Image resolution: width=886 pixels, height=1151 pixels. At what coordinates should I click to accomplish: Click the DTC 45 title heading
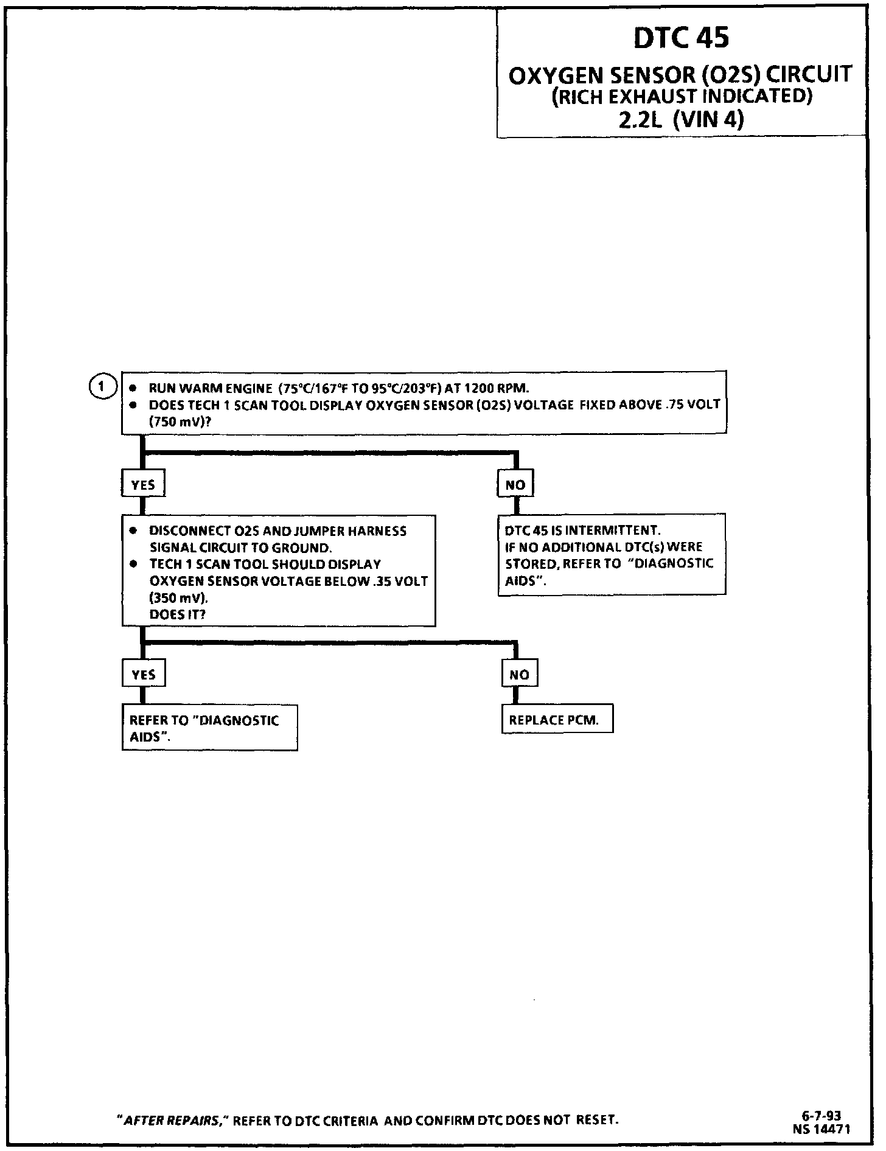point(681,38)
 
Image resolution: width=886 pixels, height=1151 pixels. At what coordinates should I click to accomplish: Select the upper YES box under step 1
point(143,485)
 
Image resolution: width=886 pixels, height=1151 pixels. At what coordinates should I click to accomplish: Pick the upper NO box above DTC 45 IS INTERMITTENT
point(515,485)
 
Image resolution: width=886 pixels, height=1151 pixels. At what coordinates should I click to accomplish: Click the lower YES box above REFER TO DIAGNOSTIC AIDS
point(143,675)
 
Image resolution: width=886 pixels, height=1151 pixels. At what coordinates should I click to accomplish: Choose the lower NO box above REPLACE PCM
point(519,675)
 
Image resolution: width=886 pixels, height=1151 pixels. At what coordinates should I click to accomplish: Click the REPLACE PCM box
point(557,720)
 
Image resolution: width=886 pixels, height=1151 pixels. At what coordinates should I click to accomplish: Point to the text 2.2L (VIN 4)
point(681,120)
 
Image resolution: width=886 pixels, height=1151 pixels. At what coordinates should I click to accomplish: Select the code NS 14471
point(821,1128)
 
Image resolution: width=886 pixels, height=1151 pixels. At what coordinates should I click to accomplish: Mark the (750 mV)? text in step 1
point(180,421)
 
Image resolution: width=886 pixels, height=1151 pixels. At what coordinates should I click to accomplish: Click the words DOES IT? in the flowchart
point(178,614)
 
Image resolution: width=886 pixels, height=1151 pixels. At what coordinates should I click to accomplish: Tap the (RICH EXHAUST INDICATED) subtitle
point(681,97)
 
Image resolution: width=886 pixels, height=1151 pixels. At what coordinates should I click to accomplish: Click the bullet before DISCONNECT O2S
point(133,531)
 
